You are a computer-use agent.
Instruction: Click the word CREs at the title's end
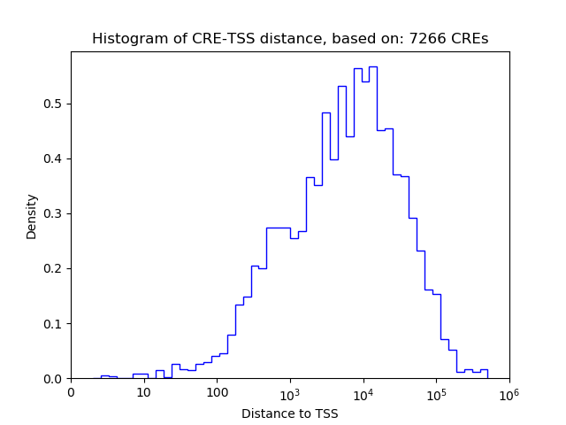(470, 39)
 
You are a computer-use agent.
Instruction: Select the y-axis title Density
(32, 216)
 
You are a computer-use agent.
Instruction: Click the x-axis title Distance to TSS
(289, 413)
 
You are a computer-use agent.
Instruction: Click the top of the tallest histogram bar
(373, 66)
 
